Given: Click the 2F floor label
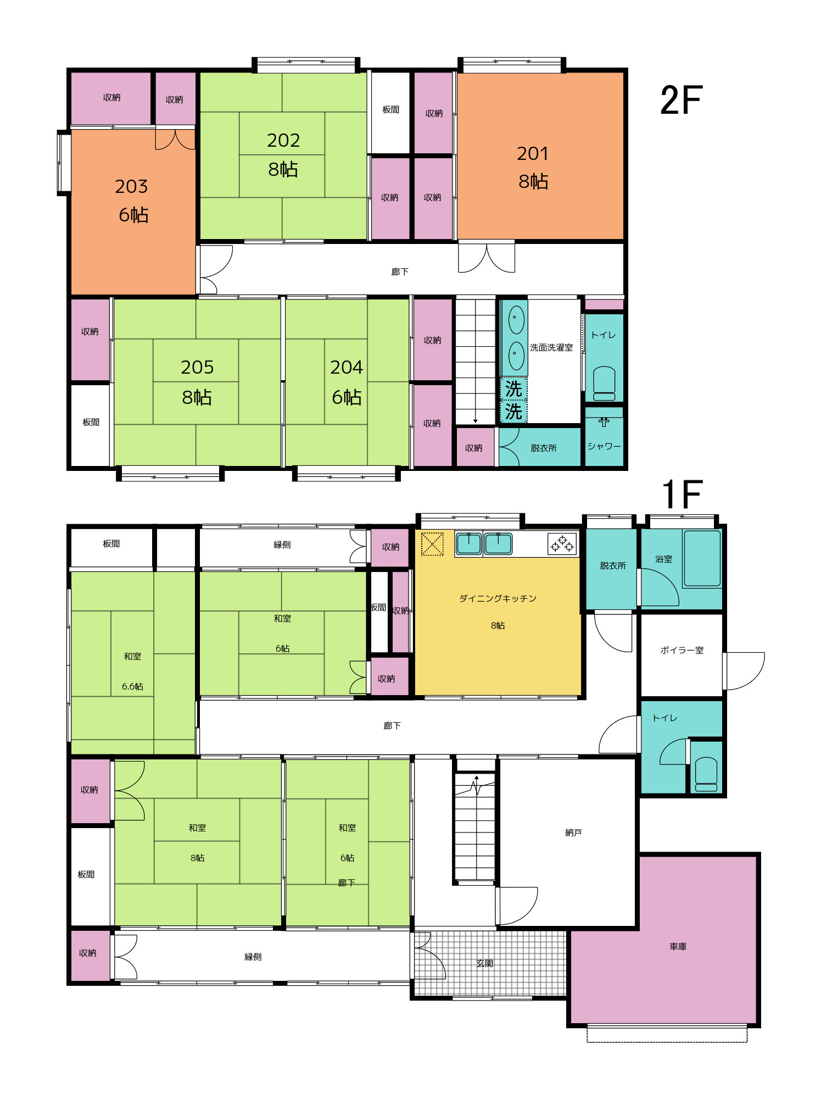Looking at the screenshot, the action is (x=682, y=100).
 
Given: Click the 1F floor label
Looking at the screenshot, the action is (x=682, y=493).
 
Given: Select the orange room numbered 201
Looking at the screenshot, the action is (x=540, y=156).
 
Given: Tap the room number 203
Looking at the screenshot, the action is (x=131, y=187).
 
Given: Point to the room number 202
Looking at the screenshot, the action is (x=283, y=141).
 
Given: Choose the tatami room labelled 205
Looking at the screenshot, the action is (x=197, y=382).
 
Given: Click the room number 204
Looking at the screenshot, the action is (x=347, y=367).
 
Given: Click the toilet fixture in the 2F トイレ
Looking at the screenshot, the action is (x=604, y=384).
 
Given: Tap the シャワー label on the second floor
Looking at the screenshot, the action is (x=604, y=446).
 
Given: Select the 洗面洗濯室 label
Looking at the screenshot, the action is (x=551, y=347).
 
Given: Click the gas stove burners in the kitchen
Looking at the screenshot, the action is (x=562, y=544).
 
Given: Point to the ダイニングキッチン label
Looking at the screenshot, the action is (x=498, y=598).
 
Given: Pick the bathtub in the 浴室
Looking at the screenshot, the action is (x=702, y=558).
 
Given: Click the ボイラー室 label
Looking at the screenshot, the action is (x=682, y=650).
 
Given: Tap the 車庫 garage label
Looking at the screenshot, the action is (x=678, y=946).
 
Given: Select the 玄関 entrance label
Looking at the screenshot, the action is (x=485, y=963).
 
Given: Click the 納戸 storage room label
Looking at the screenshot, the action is (x=573, y=832).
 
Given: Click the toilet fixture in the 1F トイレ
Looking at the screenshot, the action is (x=706, y=775).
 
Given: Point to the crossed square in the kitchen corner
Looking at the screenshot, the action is (x=432, y=544).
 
